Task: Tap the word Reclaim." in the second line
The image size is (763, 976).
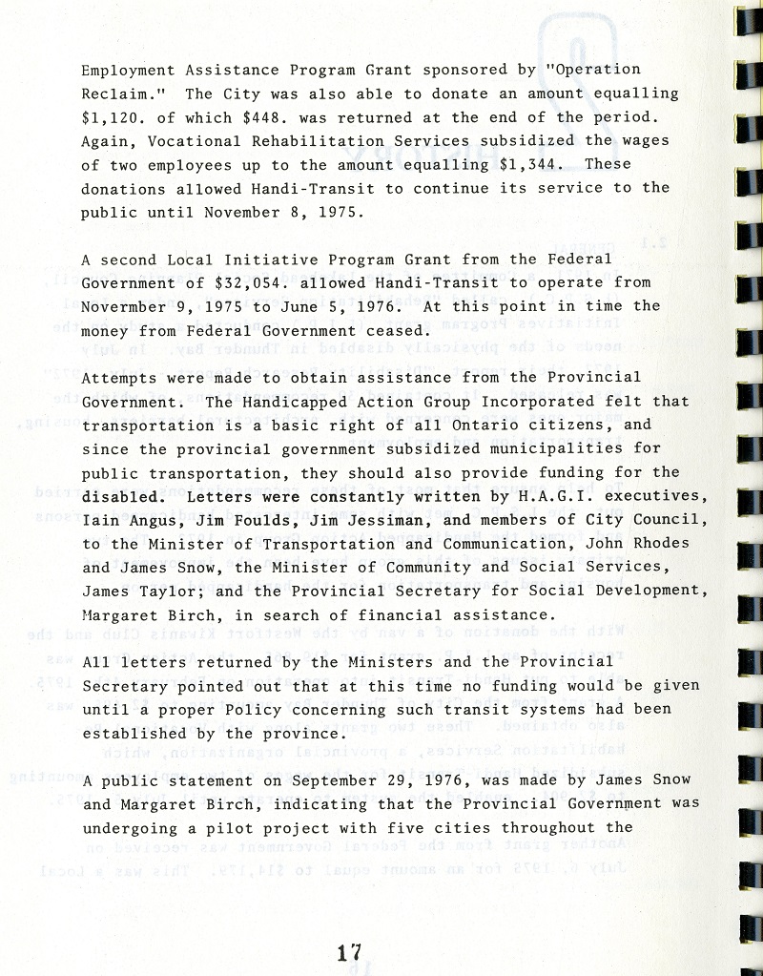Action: (x=121, y=93)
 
